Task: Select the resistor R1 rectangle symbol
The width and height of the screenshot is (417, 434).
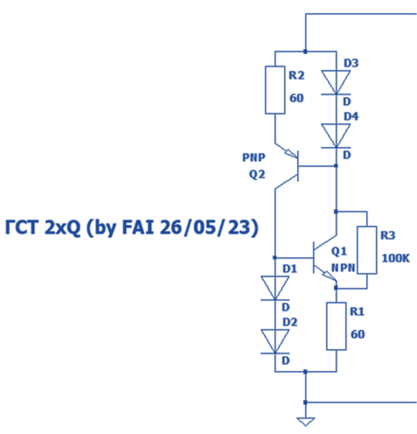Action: coord(336,326)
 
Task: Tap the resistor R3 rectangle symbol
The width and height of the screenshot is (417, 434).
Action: coord(367,250)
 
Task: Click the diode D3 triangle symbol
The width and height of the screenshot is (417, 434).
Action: coord(336,81)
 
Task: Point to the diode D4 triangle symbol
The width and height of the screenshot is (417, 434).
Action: coord(336,135)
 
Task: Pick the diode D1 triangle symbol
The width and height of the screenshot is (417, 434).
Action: coord(275,287)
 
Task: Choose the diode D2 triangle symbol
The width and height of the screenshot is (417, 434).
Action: coord(275,340)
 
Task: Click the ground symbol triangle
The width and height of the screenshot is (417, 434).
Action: coord(305,421)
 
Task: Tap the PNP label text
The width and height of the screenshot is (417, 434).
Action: coord(254,158)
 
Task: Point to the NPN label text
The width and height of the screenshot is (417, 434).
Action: coord(343,268)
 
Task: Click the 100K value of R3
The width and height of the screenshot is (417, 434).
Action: coord(396,259)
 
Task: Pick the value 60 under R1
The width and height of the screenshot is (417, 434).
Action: coord(358,334)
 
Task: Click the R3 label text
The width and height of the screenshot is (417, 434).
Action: coord(387,236)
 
